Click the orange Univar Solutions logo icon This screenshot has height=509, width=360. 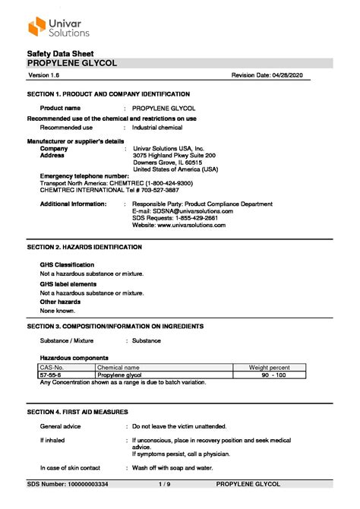37,27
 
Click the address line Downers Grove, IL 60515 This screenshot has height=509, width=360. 167,163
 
